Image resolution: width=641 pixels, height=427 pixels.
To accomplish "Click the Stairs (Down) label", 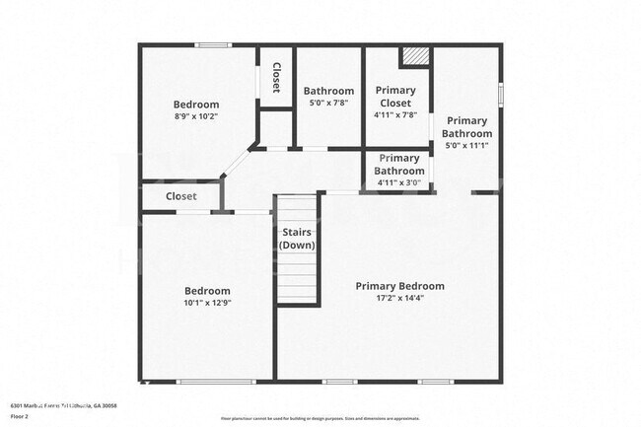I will coord(297,239).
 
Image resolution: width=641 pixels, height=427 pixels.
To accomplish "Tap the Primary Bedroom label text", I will coord(399,286).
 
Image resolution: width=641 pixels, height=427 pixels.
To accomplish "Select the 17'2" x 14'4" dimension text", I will coord(399,298).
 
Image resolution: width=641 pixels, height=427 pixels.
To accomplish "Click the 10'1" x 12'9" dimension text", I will coord(208,303).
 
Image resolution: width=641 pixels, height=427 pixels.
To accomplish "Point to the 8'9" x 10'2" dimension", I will coord(195,116).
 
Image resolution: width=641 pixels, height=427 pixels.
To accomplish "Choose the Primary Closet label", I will coord(396,97).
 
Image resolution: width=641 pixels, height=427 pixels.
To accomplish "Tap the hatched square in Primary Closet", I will coord(415,56).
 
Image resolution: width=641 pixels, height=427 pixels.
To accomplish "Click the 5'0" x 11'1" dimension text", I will coord(466,145).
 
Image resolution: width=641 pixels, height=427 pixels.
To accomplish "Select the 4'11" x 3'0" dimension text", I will coord(398,181).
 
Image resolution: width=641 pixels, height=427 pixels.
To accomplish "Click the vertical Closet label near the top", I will coord(277,79).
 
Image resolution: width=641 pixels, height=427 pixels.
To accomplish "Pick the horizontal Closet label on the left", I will coord(180,196).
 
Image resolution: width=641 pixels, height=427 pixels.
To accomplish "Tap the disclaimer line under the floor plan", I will coord(320,419).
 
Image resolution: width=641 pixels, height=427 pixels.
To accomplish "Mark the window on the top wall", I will coord(212,44).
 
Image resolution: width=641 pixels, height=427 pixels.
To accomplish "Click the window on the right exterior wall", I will coord(501,94).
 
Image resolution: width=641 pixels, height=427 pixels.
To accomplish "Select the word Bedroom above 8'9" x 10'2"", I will coord(195,105).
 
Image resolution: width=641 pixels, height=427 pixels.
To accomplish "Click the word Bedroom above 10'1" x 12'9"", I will coord(208,291).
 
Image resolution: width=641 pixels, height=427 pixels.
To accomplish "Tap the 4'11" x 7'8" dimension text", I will coord(396,114).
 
